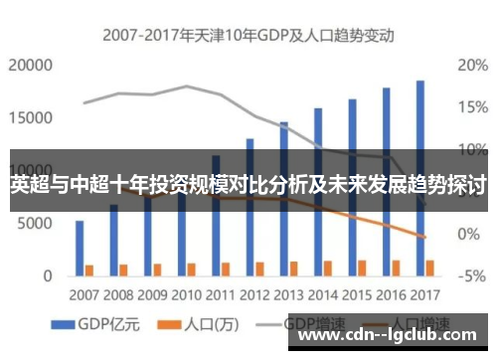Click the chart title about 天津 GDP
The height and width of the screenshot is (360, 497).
(x=248, y=36)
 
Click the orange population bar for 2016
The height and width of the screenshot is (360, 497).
(x=396, y=267)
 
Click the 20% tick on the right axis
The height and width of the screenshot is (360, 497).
(x=471, y=66)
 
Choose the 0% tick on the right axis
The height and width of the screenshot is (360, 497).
(x=469, y=234)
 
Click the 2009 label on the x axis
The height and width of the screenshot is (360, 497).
(x=153, y=295)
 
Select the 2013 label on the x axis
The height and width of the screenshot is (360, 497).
(x=289, y=295)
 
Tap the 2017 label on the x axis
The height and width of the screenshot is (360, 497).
(x=424, y=295)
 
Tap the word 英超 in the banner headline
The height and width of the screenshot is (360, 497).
(x=29, y=185)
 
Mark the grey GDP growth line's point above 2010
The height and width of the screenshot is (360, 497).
(x=187, y=87)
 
